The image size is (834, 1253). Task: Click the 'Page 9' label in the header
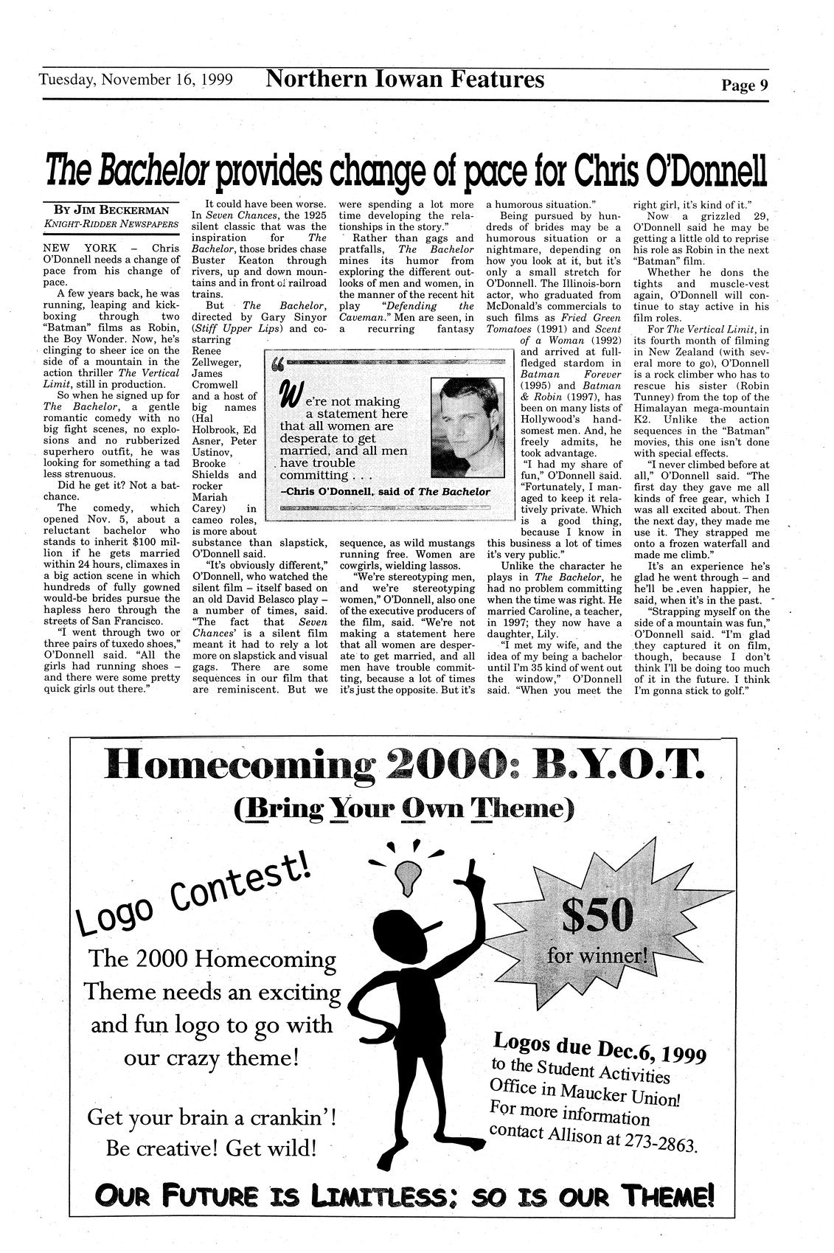(745, 86)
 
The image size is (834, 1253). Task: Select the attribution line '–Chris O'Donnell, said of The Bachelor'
(385, 491)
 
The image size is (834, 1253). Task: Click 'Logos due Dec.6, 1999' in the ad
(600, 1048)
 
